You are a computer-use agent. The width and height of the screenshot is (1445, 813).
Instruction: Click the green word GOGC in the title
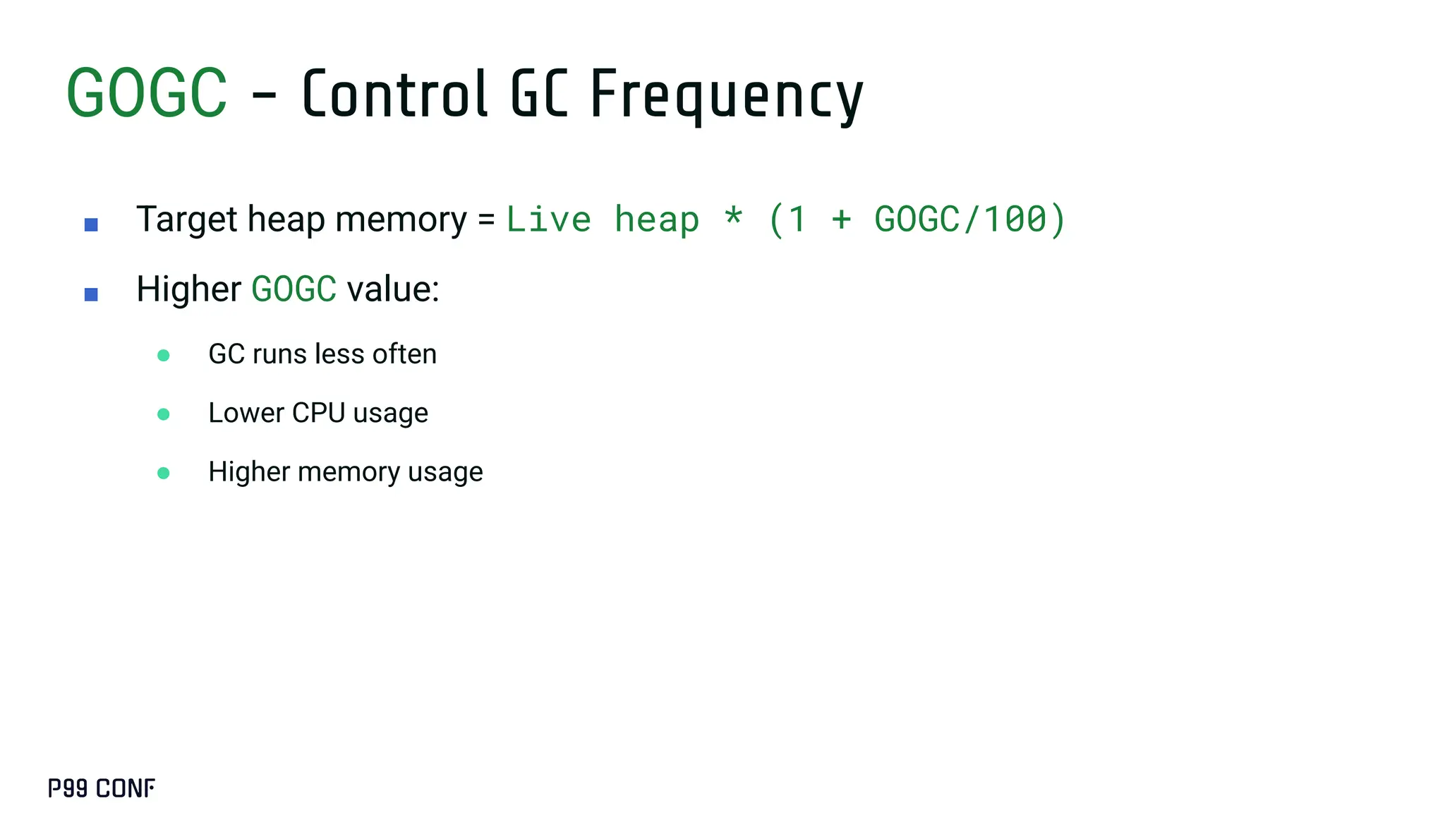click(147, 94)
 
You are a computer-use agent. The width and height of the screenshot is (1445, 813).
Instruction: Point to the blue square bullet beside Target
click(91, 225)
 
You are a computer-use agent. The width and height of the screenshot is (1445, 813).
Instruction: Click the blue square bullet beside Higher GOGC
click(91, 294)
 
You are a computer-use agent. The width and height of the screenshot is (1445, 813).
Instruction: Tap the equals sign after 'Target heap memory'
click(486, 219)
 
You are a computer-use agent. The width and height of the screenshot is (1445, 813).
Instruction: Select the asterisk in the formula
click(734, 216)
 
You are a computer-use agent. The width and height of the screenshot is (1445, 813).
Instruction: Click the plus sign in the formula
click(841, 219)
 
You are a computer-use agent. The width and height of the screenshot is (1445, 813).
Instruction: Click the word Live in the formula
click(548, 219)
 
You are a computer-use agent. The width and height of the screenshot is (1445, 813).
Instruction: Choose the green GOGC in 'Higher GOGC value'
click(294, 289)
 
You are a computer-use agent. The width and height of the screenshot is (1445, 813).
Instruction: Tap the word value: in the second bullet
click(393, 289)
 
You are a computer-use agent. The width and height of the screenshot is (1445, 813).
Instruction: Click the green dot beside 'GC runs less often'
click(164, 355)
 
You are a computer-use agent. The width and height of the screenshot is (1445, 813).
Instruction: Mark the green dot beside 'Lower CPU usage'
click(164, 414)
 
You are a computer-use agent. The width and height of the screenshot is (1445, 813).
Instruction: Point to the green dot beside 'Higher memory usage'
click(164, 473)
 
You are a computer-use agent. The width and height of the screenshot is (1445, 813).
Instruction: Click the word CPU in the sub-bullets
click(318, 413)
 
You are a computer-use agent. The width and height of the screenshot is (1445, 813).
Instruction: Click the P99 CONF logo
click(102, 788)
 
